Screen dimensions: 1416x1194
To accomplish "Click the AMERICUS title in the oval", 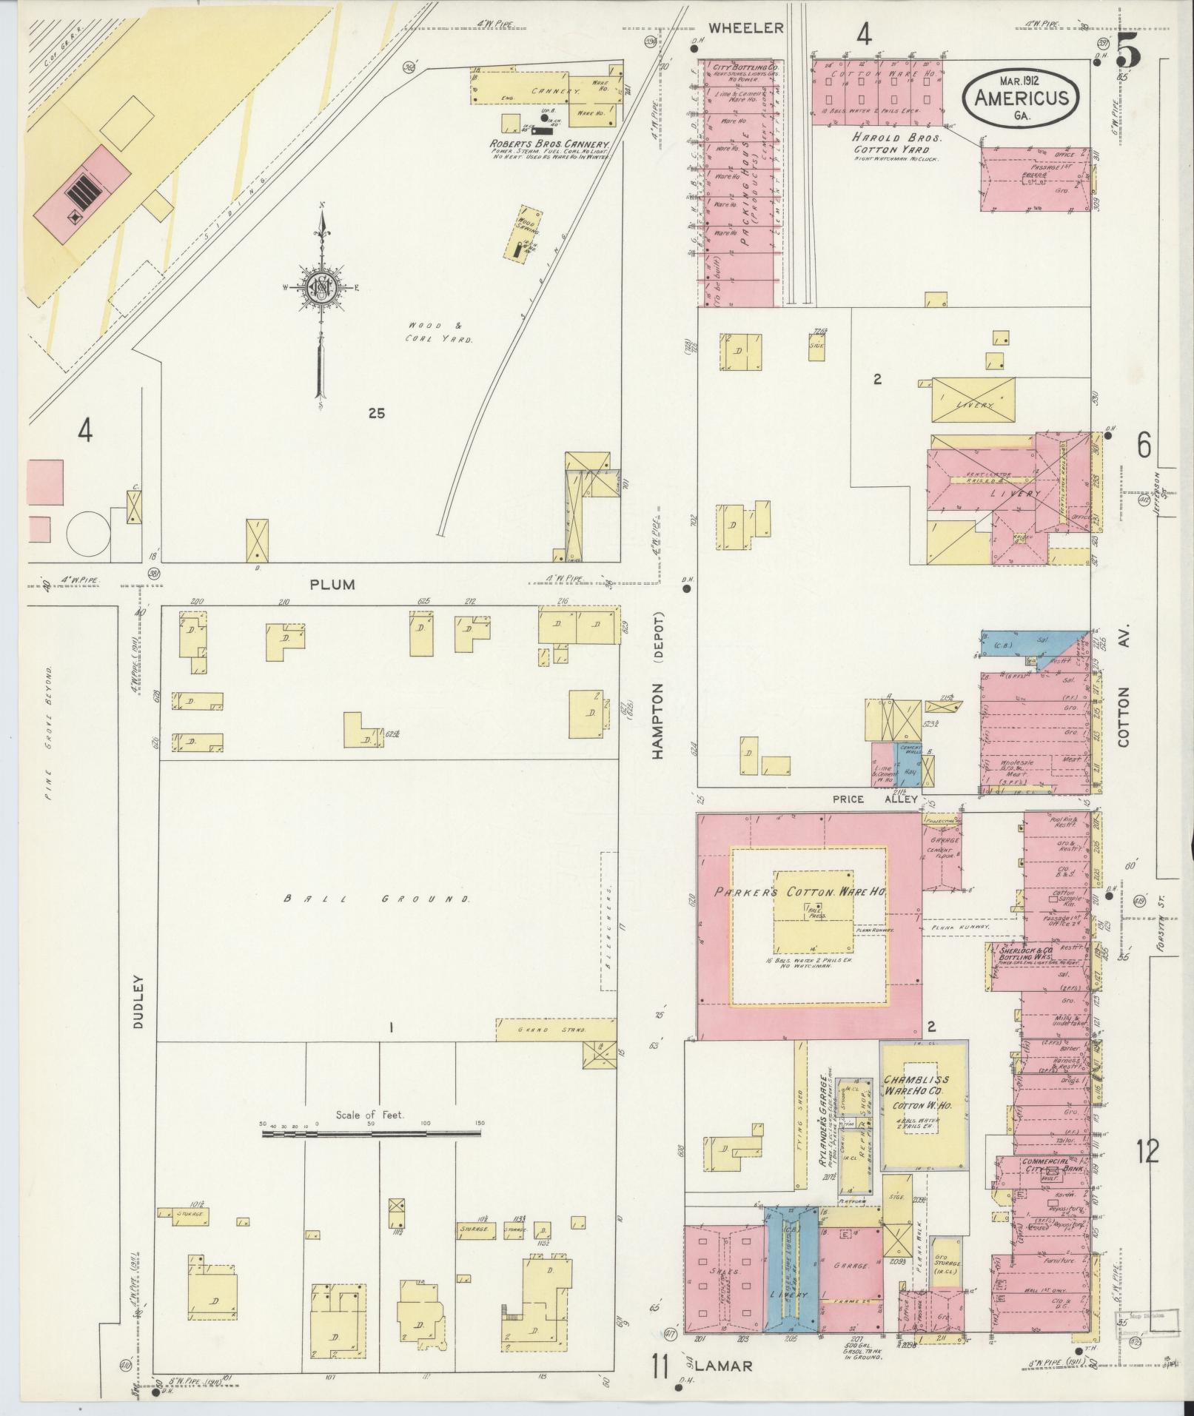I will click(x=1020, y=98).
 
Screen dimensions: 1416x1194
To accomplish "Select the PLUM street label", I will click(x=332, y=585).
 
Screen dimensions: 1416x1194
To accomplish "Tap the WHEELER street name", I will click(x=745, y=28).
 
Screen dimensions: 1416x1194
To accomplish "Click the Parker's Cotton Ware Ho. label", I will click(x=801, y=892).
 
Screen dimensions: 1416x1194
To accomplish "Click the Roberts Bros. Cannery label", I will click(x=548, y=145).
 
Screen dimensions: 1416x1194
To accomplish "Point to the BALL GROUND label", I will click(x=378, y=899).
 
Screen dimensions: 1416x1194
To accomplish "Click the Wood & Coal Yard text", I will click(x=439, y=332).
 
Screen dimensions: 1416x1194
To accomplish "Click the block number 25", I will click(x=376, y=414).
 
